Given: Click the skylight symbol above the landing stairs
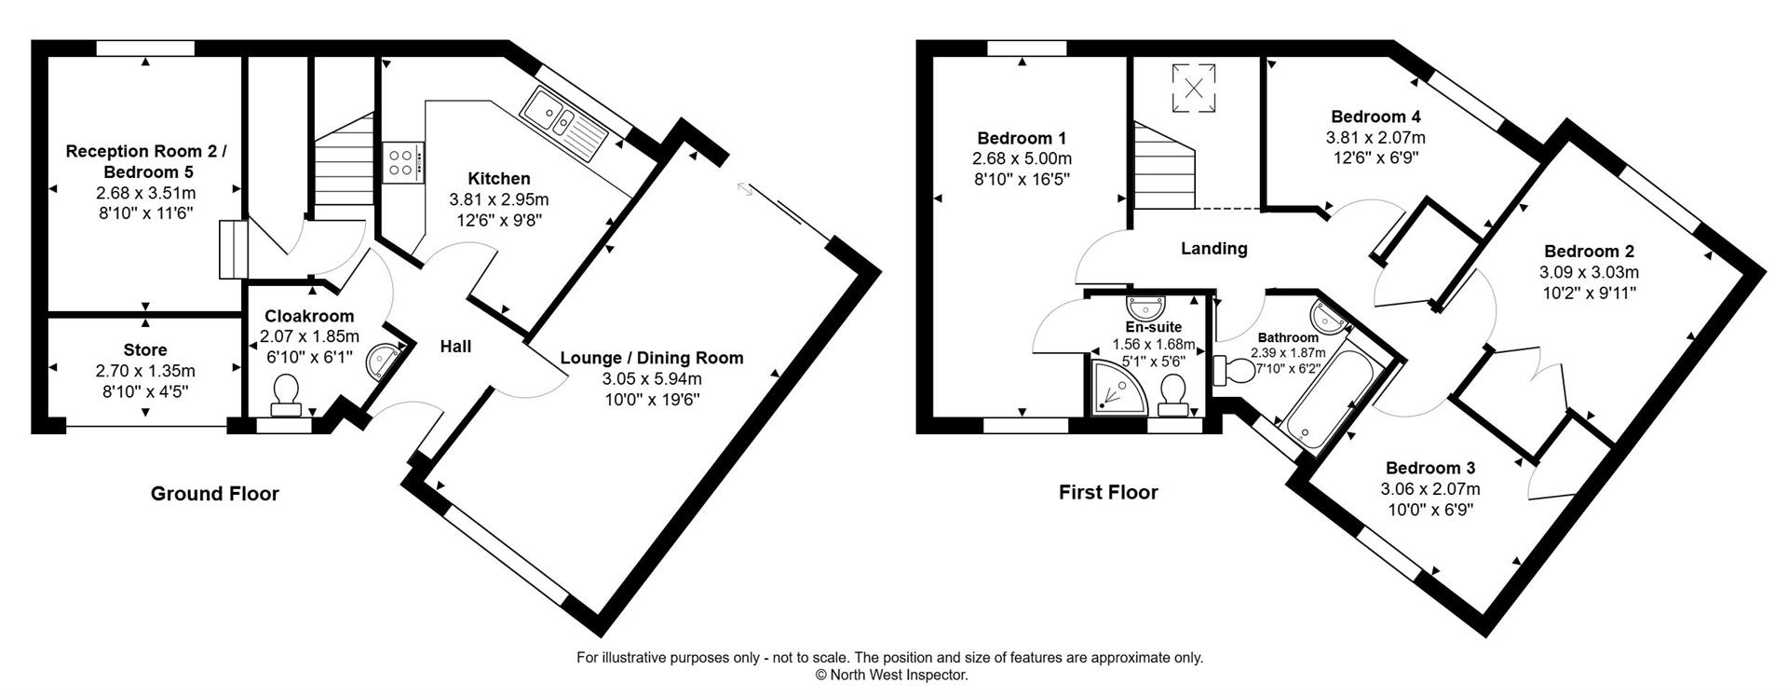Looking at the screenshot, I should point(1194,86).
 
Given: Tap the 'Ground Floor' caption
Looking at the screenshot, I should point(214,494).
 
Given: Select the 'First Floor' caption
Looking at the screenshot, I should point(1108,492).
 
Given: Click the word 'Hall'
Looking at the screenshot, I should point(455,347).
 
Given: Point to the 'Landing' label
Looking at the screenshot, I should point(1213,249).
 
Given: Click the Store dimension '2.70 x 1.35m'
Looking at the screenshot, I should point(145,371).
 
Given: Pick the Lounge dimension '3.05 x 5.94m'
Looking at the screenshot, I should point(651,378).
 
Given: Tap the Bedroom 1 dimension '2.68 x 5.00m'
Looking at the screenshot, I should point(1022,158).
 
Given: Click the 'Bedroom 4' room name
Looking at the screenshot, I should point(1375,117).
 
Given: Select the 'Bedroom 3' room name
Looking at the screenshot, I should point(1429,468).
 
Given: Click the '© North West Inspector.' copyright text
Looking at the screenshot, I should point(891,676).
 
